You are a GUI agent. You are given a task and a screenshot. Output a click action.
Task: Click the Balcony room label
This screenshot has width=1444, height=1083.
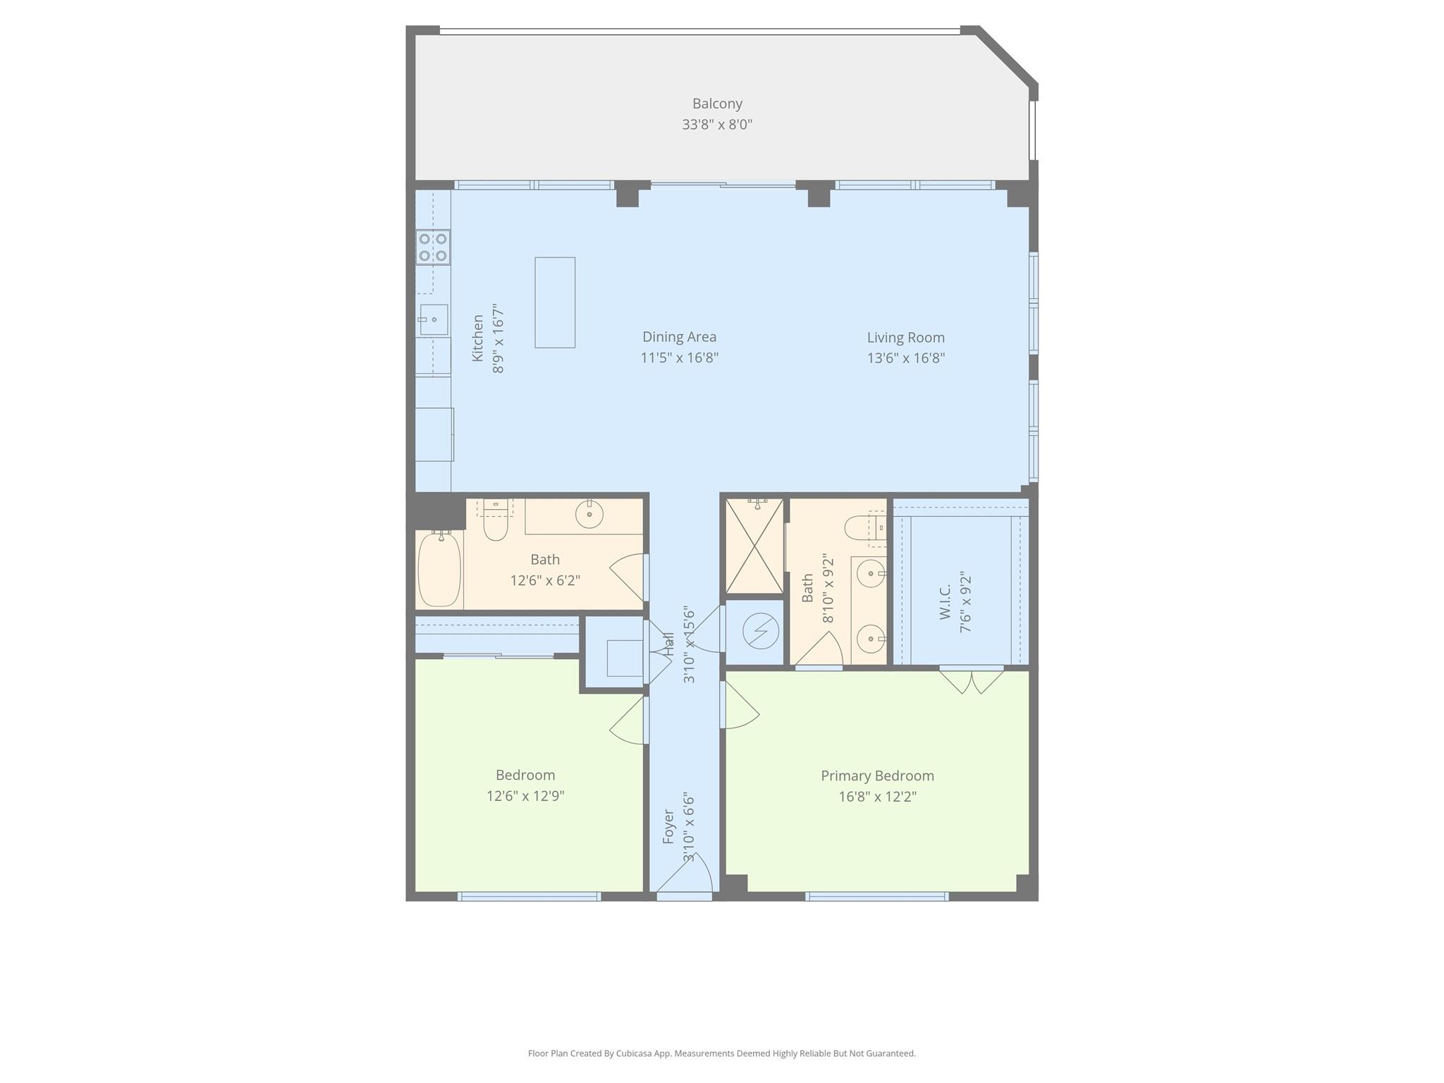717,104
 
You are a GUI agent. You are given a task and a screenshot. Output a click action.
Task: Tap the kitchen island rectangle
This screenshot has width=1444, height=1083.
555,302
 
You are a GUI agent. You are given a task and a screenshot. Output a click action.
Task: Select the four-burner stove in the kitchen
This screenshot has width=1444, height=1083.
433,247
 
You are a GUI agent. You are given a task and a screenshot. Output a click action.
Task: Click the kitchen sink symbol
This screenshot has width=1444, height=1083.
434,320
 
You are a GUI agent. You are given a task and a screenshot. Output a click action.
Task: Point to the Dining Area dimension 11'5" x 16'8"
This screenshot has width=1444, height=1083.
679,357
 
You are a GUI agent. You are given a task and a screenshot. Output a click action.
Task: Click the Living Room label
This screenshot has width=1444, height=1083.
905,338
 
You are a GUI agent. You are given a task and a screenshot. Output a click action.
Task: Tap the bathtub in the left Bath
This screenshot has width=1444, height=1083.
439,569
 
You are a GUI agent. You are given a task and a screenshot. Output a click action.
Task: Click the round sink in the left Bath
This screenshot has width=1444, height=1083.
589,514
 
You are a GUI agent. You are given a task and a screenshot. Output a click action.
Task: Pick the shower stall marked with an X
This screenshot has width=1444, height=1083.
754,546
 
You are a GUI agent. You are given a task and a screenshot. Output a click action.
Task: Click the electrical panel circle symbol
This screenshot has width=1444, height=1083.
760,631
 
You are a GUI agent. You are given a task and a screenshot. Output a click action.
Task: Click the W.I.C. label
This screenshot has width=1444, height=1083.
946,602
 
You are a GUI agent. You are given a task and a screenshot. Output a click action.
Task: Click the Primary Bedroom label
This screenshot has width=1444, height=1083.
877,776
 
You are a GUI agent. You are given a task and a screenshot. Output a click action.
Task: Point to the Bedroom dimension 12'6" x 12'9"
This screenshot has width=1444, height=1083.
525,796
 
